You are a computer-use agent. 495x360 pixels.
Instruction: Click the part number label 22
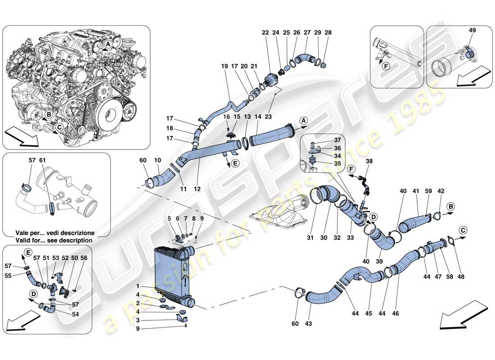tap(265, 33)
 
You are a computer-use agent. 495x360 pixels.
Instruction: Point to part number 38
tap(369, 161)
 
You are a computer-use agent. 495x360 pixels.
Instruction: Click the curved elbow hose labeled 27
tap(306, 58)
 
